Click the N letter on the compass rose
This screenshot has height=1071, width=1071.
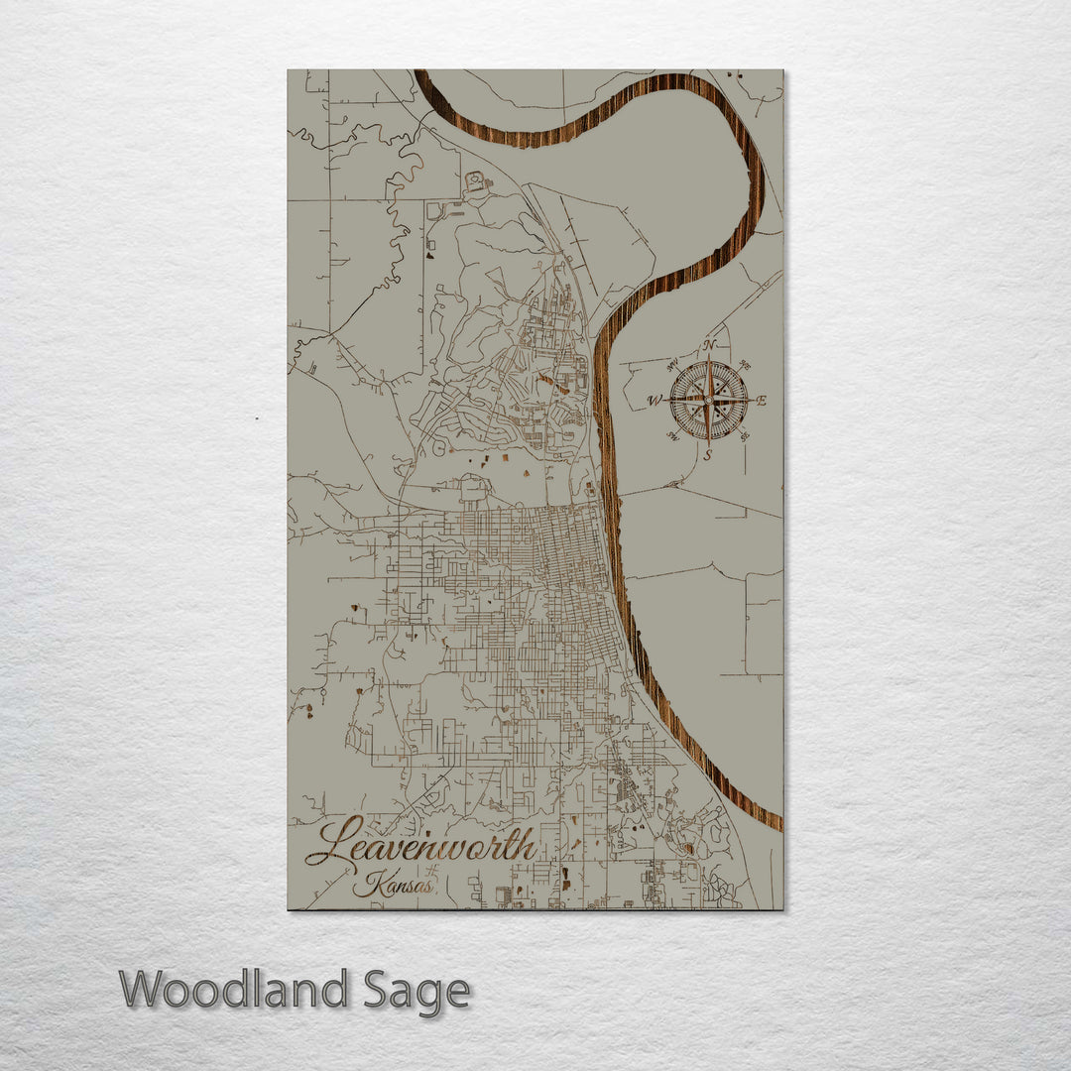tap(709, 345)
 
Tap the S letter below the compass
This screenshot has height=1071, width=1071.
tap(708, 456)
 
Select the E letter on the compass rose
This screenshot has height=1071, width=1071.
tap(762, 402)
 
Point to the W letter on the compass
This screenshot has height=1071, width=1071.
tap(654, 402)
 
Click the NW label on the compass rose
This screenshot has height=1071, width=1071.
tap(671, 364)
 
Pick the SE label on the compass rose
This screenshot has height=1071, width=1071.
tap(746, 438)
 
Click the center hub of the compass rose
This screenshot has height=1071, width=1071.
tap(708, 401)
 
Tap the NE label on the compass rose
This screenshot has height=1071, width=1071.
tap(746, 364)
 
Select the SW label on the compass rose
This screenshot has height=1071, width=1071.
tap(672, 438)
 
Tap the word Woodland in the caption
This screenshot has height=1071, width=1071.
tap(234, 990)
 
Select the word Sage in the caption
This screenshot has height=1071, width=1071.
tap(416, 991)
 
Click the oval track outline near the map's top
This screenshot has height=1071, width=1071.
tap(476, 182)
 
